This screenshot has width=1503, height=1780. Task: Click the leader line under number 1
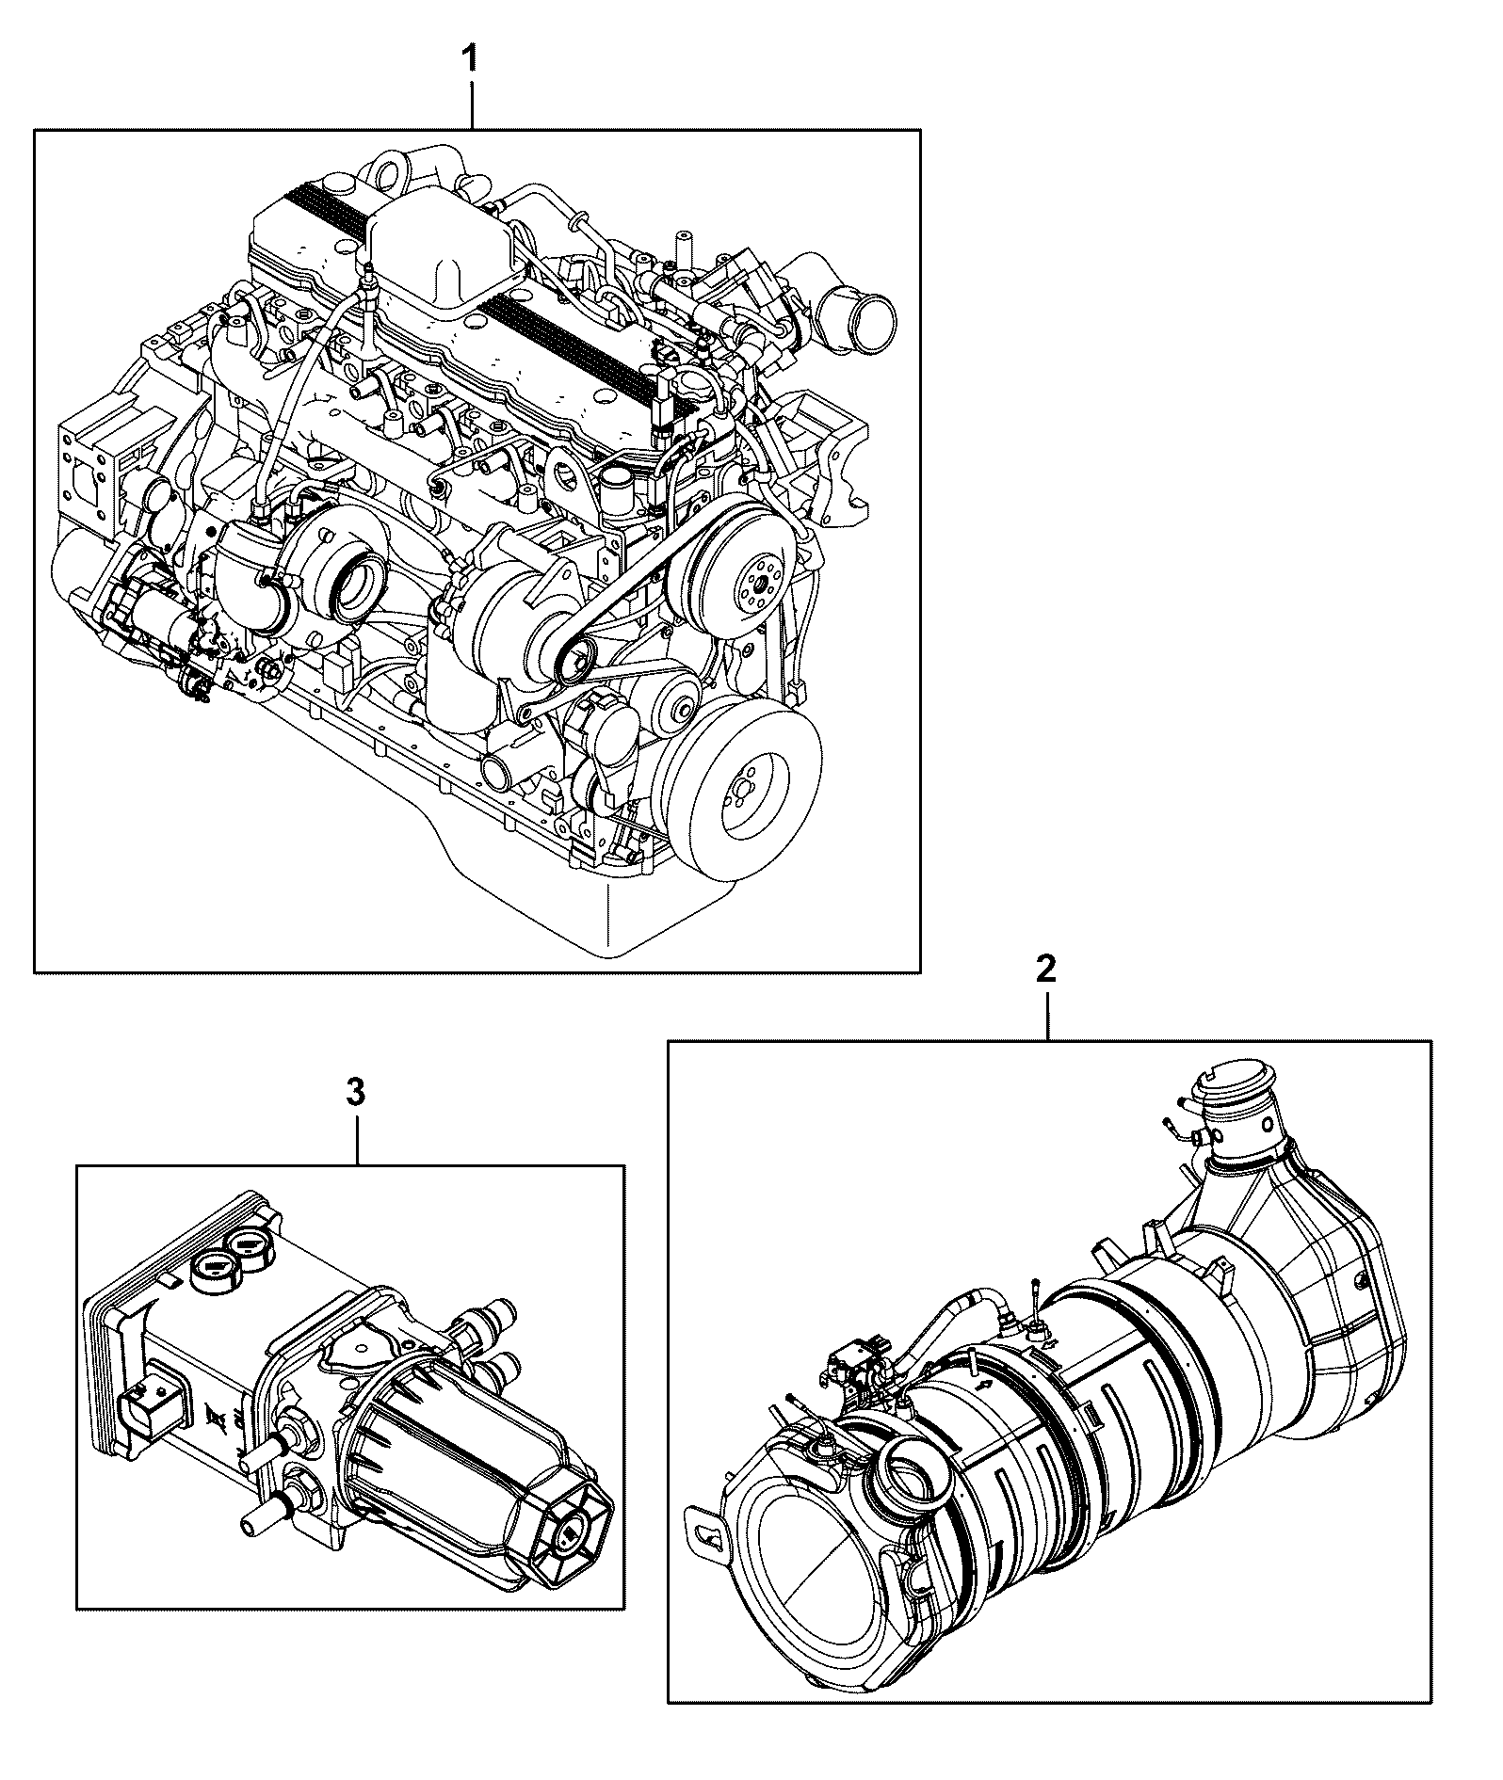pyautogui.click(x=473, y=106)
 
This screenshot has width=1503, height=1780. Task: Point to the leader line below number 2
pyautogui.click(x=1048, y=1017)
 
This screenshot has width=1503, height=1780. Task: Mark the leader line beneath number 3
pyautogui.click(x=358, y=1141)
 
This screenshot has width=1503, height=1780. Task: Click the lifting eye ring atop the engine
pyautogui.click(x=386, y=172)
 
